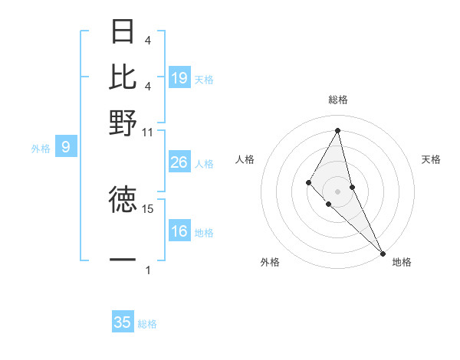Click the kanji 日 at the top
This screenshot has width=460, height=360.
[123, 31]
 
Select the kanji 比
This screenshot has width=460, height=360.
[123, 77]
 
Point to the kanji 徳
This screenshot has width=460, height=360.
[123, 200]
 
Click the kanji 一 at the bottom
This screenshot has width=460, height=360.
[123, 260]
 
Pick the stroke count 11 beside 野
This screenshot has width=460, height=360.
[147, 132]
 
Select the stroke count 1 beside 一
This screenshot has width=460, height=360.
[147, 270]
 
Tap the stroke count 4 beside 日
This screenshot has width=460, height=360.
[147, 40]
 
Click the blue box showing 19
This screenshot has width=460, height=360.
[179, 77]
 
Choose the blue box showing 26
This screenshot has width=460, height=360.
[179, 162]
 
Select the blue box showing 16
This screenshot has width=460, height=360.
[179, 231]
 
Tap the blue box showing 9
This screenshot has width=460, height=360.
[66, 147]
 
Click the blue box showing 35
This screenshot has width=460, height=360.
[123, 322]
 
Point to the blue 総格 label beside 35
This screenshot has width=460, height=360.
[147, 324]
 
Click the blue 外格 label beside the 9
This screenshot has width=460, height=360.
[40, 149]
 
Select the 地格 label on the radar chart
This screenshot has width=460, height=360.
[402, 262]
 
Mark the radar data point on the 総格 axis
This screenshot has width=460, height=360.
[337, 130]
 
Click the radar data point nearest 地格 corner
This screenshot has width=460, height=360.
[382, 253]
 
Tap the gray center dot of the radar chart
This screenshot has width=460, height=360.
[337, 191]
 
